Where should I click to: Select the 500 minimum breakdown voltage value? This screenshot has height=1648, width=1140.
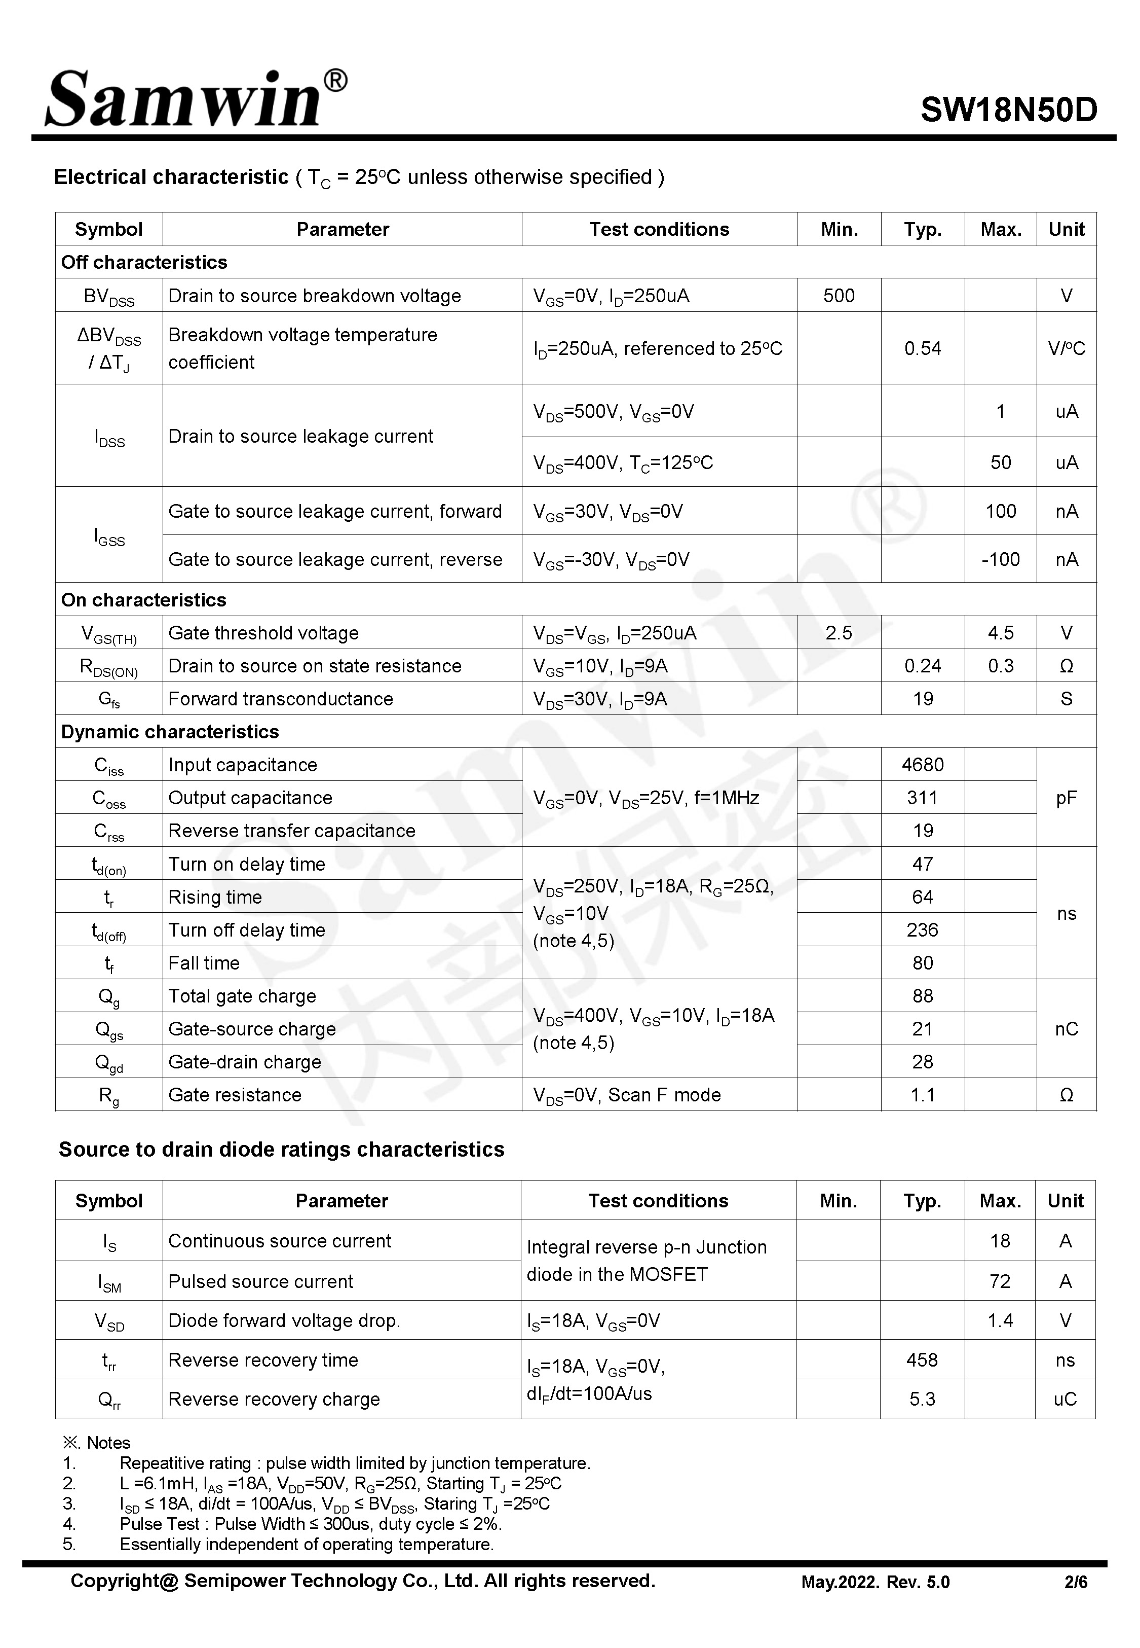839,296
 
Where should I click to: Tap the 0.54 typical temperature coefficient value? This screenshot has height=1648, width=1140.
922,349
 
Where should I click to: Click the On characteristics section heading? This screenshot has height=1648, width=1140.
143,599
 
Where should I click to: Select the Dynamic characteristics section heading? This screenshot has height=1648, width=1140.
170,732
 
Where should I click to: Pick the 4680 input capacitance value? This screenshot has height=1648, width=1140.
922,765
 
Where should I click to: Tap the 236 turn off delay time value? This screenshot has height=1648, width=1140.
922,930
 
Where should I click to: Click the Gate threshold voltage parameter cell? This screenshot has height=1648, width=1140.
263,633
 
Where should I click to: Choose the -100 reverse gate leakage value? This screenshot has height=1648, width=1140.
1000,560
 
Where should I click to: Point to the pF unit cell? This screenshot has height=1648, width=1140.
1066,798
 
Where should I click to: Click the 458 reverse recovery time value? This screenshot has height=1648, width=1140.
922,1359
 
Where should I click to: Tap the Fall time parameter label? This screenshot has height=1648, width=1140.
204,963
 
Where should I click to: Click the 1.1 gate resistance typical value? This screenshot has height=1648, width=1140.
922,1095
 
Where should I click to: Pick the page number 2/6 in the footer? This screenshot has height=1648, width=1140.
1076,1582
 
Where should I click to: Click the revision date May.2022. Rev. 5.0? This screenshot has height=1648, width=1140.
875,1582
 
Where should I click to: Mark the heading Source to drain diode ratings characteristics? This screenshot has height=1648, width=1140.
281,1149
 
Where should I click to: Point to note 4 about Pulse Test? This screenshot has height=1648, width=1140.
311,1524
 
